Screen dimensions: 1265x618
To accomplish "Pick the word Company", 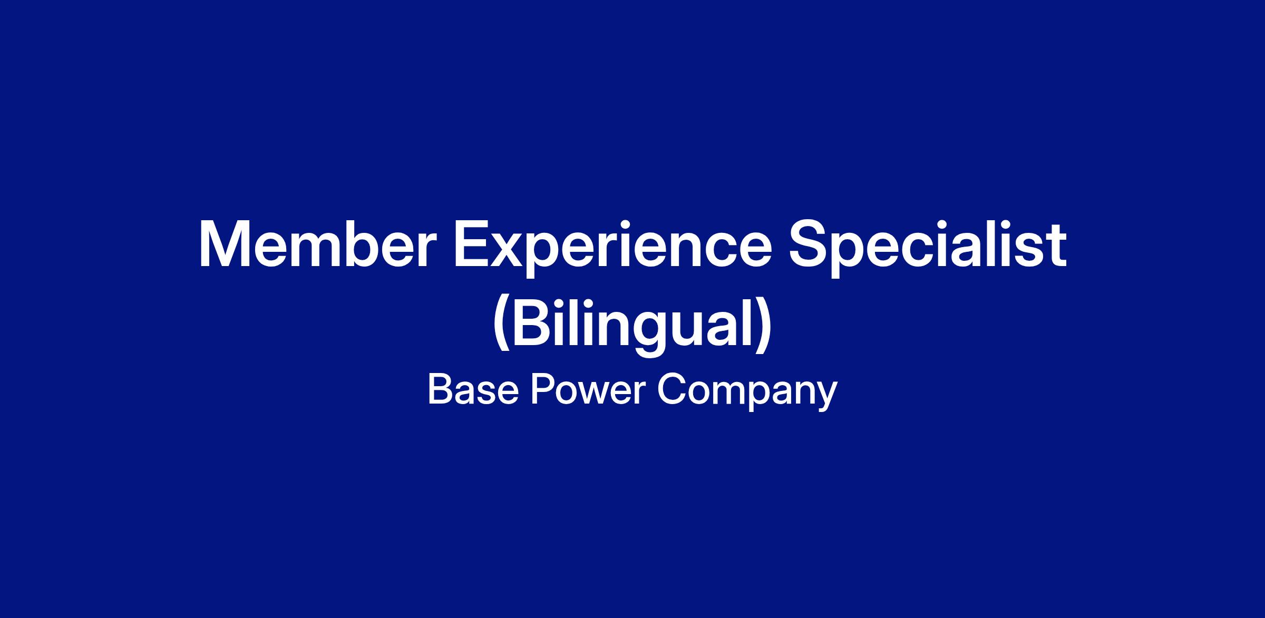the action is pyautogui.click(x=746, y=393).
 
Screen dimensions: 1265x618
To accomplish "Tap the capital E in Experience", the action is pyautogui.click(x=472, y=245).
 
